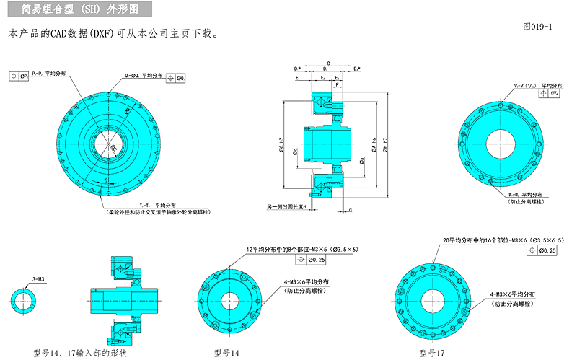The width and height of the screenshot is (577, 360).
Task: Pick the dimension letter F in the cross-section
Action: coord(336,85)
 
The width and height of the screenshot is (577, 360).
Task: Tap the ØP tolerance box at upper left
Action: coord(19,75)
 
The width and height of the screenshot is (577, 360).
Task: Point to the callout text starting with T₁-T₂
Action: coord(148,206)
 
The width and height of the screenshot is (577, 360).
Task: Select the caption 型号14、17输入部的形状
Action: coord(80,353)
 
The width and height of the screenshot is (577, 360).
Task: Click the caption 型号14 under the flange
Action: coord(226,353)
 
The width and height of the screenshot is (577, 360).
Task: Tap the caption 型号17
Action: coord(432,353)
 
